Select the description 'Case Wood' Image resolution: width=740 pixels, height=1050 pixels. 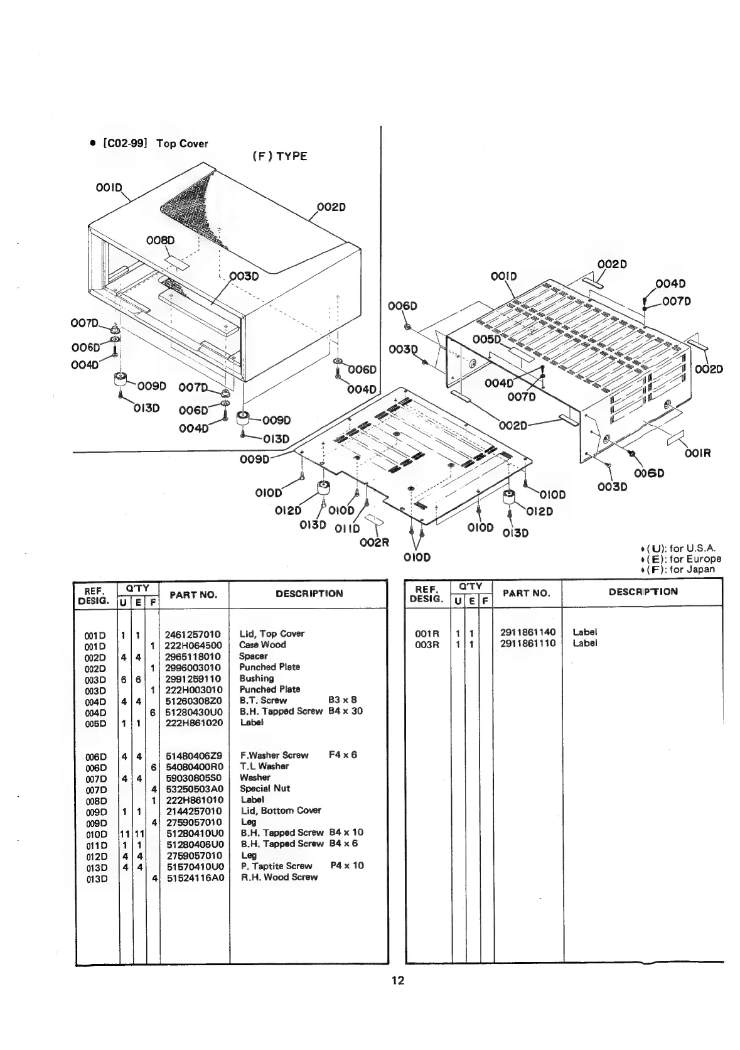pyautogui.click(x=262, y=644)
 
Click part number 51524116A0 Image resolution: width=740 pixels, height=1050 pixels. pyautogui.click(x=195, y=877)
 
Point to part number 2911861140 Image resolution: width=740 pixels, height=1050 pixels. pyautogui.click(x=528, y=632)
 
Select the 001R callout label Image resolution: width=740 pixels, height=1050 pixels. pyautogui.click(x=697, y=453)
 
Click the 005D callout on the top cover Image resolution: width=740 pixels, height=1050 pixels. pyautogui.click(x=487, y=340)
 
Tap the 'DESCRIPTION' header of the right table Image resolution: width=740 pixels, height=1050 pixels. pyautogui.click(x=643, y=592)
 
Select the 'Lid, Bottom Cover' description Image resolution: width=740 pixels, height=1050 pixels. pyautogui.click(x=280, y=810)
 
